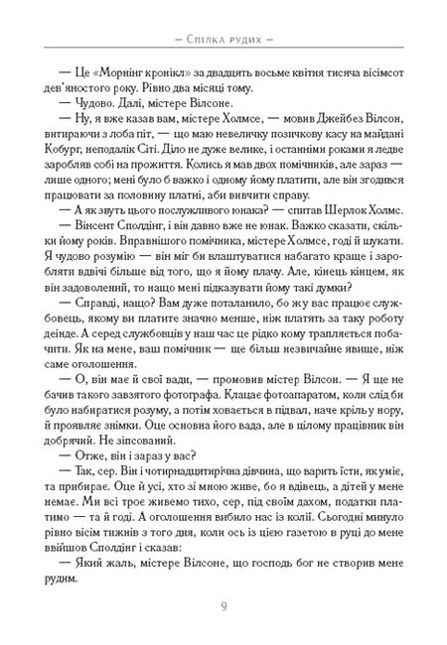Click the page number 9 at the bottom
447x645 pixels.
point(223,605)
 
